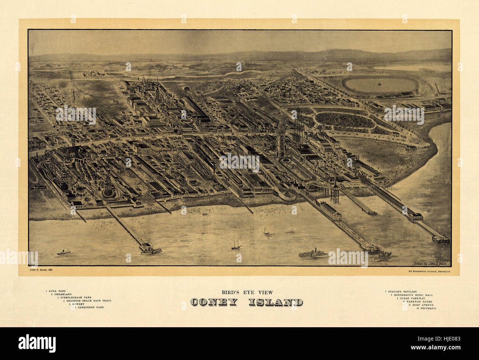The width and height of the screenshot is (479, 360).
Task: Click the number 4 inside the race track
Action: click(379, 85)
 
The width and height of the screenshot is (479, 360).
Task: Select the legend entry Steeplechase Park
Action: click(74, 297)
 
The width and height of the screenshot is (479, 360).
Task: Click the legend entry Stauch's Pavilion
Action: click(401, 292)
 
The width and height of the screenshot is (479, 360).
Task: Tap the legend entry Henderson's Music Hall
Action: click(412, 295)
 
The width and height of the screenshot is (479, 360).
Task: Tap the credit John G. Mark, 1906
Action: click(41, 271)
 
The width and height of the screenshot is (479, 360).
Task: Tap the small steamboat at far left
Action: click(63, 253)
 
